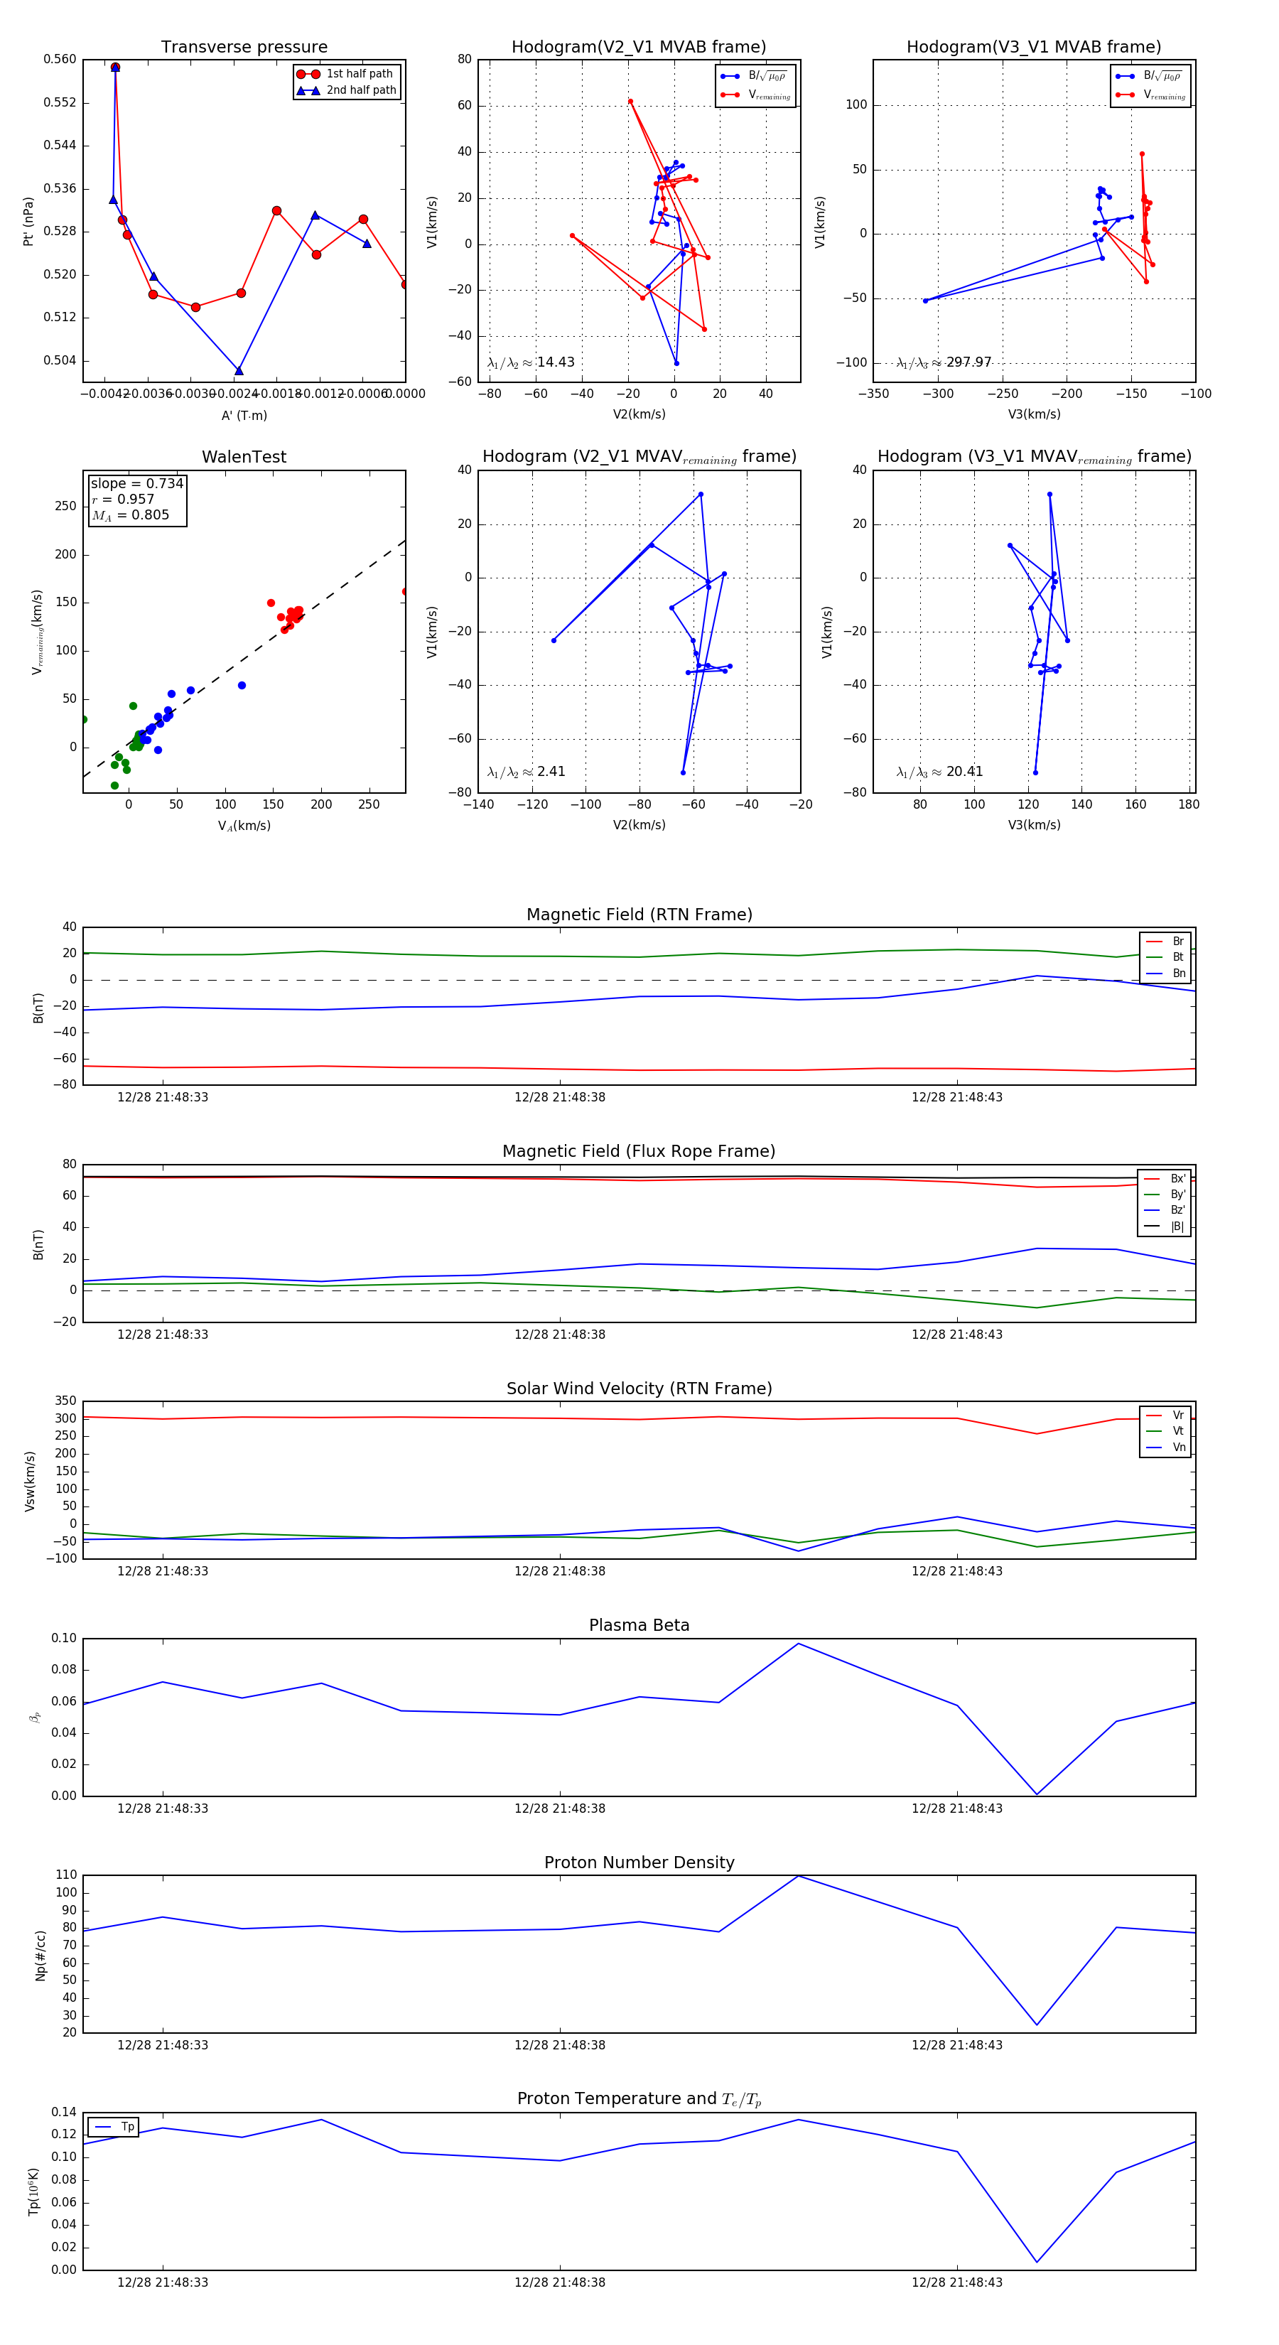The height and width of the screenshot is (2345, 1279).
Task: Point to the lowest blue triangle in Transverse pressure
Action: click(x=239, y=370)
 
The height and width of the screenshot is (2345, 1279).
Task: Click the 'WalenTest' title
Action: click(x=244, y=457)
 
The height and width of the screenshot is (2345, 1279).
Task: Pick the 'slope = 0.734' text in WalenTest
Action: click(x=136, y=483)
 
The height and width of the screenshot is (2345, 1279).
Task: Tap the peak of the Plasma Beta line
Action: click(x=799, y=1643)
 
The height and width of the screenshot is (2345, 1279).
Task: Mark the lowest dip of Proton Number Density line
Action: click(x=1037, y=2025)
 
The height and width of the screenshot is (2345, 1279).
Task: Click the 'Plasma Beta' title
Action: click(x=639, y=1626)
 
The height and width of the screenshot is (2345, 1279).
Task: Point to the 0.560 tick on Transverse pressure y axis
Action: click(x=60, y=59)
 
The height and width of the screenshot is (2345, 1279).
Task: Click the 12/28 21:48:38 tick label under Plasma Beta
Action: click(x=560, y=1808)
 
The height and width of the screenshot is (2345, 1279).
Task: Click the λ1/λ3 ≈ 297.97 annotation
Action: click(x=944, y=362)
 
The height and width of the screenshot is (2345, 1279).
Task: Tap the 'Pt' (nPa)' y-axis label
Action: click(x=28, y=221)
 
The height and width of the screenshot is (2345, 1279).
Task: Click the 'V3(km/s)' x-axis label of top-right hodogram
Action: click(x=1034, y=414)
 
